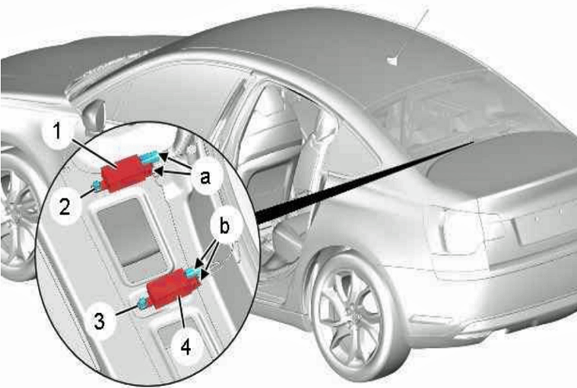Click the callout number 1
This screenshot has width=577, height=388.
(57, 131)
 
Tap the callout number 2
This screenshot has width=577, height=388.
(65, 207)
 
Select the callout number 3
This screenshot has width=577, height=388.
(99, 321)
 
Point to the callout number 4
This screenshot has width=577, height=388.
(186, 347)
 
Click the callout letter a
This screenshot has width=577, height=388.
(205, 178)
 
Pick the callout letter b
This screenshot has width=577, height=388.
(224, 225)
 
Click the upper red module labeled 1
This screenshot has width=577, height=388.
(127, 173)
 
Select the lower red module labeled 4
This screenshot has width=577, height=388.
(174, 288)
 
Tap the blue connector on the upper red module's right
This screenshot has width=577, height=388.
(149, 158)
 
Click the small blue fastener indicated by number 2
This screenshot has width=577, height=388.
(96, 186)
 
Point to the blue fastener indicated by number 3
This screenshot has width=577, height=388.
(142, 304)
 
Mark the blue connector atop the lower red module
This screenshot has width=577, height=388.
(193, 273)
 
